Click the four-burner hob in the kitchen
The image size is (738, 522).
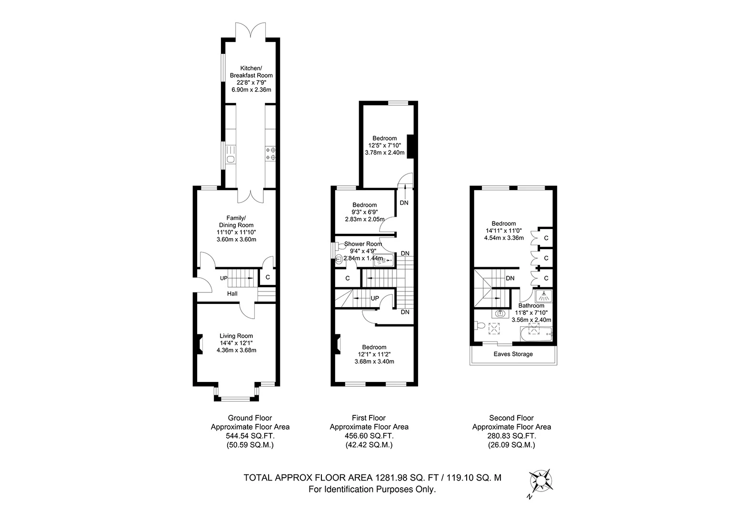(270, 154)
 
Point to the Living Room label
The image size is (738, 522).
(236, 336)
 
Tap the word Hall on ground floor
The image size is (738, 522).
(232, 294)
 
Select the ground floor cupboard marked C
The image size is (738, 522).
(268, 277)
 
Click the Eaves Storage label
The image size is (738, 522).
(513, 354)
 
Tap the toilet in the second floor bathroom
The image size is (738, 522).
(479, 326)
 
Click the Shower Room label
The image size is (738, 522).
(363, 244)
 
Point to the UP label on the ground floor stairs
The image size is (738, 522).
(223, 278)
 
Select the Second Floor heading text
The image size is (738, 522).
(511, 418)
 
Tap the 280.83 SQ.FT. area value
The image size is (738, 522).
(511, 436)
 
